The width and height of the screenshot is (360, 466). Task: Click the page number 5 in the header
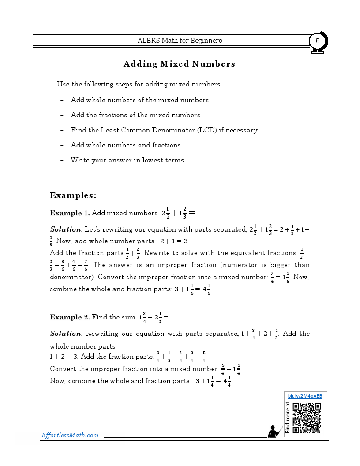317,41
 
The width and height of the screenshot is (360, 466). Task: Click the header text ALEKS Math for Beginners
180,41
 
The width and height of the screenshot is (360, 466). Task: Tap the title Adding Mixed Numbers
179,64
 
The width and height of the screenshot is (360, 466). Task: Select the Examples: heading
73,195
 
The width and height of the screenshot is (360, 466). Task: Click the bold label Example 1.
70,213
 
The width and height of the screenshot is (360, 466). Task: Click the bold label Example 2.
70,317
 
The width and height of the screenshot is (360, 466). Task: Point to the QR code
306,418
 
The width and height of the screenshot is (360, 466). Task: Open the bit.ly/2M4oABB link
305,396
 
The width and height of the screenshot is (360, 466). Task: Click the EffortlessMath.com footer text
70,435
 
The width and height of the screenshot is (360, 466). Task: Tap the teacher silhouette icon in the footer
274,431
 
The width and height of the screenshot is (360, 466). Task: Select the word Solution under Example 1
65,229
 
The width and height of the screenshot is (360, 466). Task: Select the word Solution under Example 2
65,334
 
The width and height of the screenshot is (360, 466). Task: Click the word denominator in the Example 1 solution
71,277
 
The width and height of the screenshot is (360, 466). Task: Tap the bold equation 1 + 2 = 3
64,357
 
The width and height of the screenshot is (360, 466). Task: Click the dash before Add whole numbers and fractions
62,145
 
